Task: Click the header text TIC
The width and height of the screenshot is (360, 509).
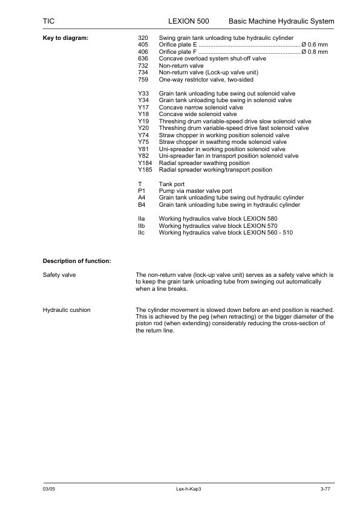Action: click(48, 21)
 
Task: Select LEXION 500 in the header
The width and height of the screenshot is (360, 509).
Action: click(189, 21)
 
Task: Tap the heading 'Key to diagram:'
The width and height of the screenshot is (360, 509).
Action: click(65, 38)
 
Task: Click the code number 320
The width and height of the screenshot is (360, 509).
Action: click(143, 38)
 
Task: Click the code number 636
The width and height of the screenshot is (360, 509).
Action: click(143, 59)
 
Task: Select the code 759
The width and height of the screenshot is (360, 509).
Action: click(143, 80)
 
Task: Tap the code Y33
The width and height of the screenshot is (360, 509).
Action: click(143, 94)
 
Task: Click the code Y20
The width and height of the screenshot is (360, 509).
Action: click(143, 128)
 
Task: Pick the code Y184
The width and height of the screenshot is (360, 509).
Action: click(145, 163)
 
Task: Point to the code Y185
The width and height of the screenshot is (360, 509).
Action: click(145, 170)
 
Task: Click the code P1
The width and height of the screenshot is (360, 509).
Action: click(142, 191)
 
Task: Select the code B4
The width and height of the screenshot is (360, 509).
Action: click(142, 205)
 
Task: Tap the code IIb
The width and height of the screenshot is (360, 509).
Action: click(142, 225)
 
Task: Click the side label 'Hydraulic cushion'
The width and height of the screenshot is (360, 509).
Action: click(67, 310)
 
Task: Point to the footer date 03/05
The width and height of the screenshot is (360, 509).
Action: click(48, 488)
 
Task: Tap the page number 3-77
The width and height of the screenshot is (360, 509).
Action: click(325, 488)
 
